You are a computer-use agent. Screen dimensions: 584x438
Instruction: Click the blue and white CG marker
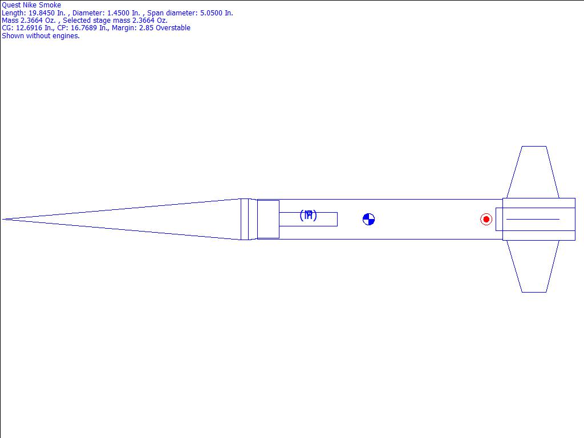click(368, 220)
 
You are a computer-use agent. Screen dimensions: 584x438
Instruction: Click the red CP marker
click(486, 220)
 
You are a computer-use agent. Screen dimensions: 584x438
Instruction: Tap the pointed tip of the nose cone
click(3, 220)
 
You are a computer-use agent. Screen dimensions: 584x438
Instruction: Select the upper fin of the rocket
click(533, 172)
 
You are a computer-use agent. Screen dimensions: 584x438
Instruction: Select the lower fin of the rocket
click(533, 266)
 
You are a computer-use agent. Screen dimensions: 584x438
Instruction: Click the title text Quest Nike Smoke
click(31, 5)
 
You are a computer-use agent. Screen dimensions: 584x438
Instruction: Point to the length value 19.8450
click(42, 13)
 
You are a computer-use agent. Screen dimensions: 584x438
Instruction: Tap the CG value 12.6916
click(29, 27)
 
